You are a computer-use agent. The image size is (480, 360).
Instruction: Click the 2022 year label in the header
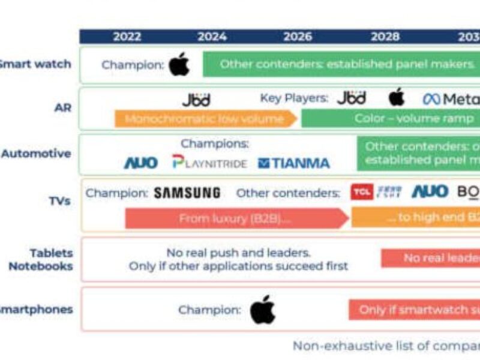coord(127,37)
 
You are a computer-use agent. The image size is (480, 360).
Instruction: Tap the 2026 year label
coord(298,37)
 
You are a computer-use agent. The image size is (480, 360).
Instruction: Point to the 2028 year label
coord(385,37)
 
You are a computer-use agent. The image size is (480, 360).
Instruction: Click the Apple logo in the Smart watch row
coord(179,64)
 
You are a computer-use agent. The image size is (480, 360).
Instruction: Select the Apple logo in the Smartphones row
coord(262,310)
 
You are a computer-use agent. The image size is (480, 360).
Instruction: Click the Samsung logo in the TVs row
coord(187,193)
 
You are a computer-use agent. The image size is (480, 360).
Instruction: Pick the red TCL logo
coord(362,192)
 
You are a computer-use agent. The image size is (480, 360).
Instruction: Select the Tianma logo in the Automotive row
coord(294,163)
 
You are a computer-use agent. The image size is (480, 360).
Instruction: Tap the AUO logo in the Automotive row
coord(140,163)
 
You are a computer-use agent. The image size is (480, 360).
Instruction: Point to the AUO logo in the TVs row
coord(430,192)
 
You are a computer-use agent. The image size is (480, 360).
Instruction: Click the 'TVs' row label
coord(60,200)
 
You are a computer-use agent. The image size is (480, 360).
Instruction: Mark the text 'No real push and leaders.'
coord(238,253)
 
